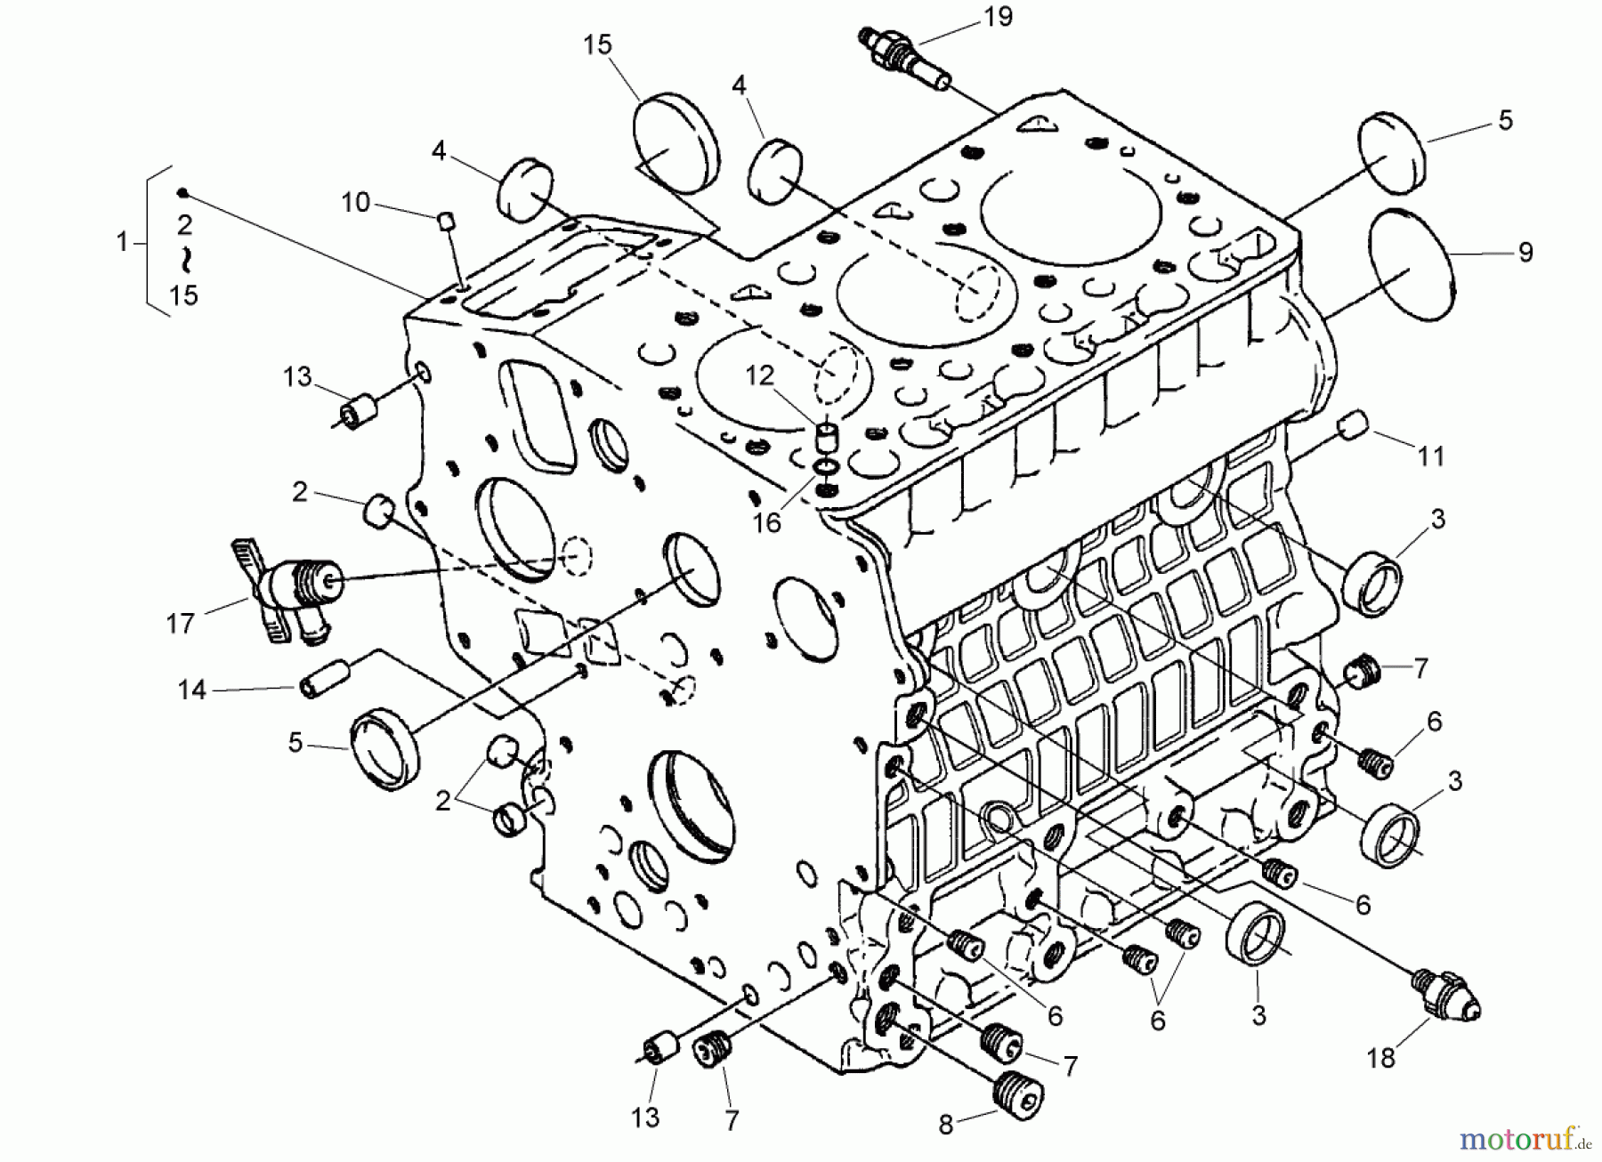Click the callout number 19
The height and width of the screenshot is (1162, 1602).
coord(999,17)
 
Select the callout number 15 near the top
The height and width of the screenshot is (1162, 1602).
coord(597,44)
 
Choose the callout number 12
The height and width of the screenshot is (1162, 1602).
coord(759,375)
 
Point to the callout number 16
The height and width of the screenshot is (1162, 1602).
coord(766,522)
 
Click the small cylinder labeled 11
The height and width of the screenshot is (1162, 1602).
coord(1353,424)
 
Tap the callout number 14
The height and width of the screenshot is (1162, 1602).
coord(191,690)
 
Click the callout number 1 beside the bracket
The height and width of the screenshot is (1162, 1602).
coord(122,241)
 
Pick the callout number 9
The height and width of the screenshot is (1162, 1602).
coord(1525,253)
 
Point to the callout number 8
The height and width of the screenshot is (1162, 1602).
coord(945,1126)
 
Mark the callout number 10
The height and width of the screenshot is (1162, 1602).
coord(355,203)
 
